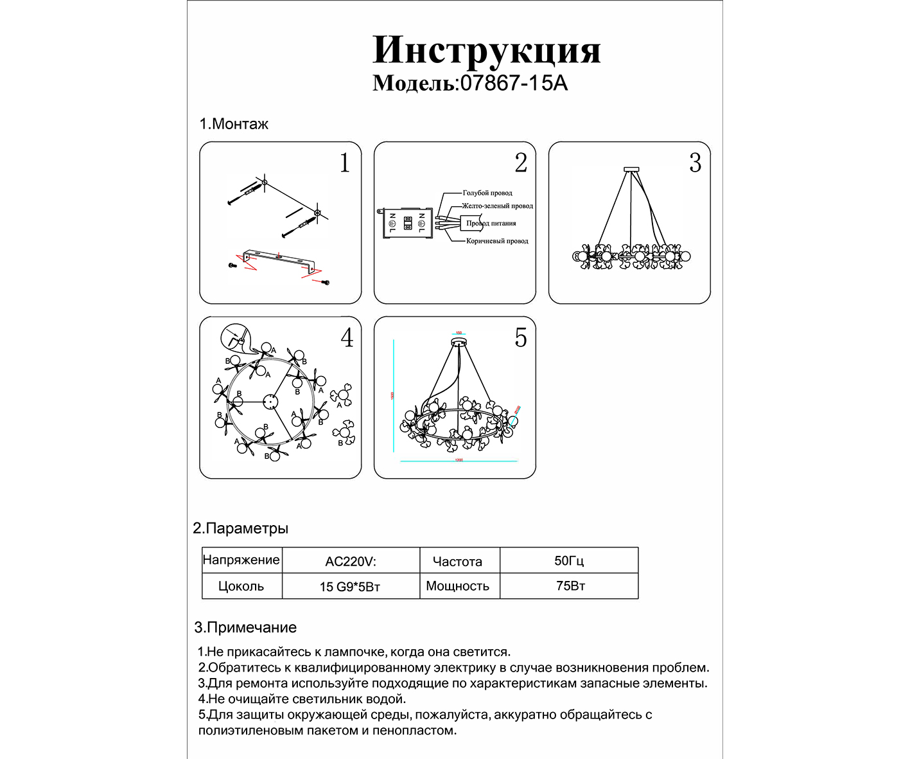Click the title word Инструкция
[x=486, y=50]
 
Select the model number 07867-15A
[x=514, y=84]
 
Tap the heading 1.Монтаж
[x=234, y=124]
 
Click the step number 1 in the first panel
[x=345, y=163]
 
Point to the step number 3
[x=695, y=163]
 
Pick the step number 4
[x=347, y=338]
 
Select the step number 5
[x=521, y=338]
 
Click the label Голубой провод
[x=487, y=193]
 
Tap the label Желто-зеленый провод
[x=498, y=206]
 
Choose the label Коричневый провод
[x=497, y=241]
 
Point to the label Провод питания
[x=491, y=224]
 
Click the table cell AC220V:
[x=351, y=561]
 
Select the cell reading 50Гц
[x=569, y=560]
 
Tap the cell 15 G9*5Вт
[x=350, y=587]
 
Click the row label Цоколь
[x=241, y=586]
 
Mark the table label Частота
[x=457, y=562]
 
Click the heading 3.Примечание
[x=245, y=628]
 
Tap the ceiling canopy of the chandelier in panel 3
[x=631, y=170]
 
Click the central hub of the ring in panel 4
[x=270, y=401]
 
